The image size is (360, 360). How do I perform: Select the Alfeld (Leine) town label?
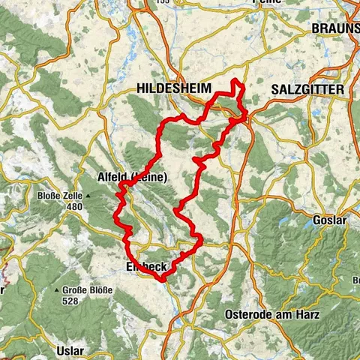[x=133, y=177]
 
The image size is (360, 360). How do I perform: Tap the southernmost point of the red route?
[x=161, y=279]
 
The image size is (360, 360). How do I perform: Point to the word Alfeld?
[x=113, y=177]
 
